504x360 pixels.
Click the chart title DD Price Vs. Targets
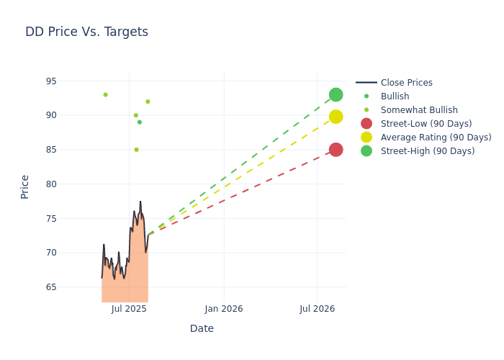pyautogui.click(x=86, y=32)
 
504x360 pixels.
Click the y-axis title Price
pyautogui.click(x=25, y=186)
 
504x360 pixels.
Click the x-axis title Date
pyautogui.click(x=202, y=328)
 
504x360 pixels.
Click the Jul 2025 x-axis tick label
pyautogui.click(x=130, y=309)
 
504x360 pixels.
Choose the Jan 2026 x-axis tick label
pyautogui.click(x=224, y=309)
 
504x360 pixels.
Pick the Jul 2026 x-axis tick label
pyautogui.click(x=317, y=309)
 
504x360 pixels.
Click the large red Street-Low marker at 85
pyautogui.click(x=336, y=150)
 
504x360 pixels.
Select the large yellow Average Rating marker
pyautogui.click(x=336, y=117)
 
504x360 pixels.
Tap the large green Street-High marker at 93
pyautogui.click(x=336, y=94)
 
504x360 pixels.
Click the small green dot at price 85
pyautogui.click(x=136, y=150)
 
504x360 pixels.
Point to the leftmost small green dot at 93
pyautogui.click(x=105, y=94)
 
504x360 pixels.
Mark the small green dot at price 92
pyautogui.click(x=148, y=102)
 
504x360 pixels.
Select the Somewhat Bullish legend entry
pyautogui.click(x=419, y=110)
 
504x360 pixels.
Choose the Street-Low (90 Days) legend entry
pyautogui.click(x=426, y=124)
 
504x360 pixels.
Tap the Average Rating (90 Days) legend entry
pyautogui.click(x=436, y=138)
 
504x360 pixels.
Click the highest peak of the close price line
pyautogui.click(x=140, y=202)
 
